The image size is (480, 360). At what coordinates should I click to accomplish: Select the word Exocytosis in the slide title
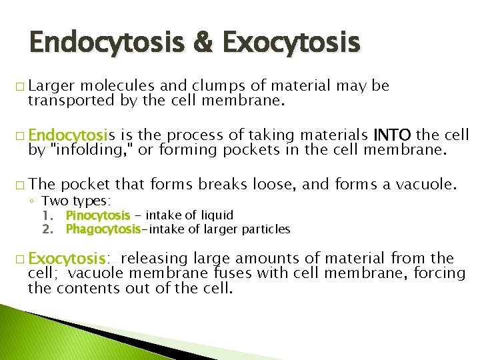291,43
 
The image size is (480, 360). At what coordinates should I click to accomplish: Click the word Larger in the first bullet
50,86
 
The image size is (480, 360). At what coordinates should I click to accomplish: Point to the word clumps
201,86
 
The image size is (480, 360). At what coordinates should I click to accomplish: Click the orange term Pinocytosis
98,215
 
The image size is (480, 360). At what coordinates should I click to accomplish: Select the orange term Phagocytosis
102,229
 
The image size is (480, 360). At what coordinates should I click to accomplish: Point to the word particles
268,229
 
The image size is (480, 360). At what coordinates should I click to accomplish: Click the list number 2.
47,229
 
